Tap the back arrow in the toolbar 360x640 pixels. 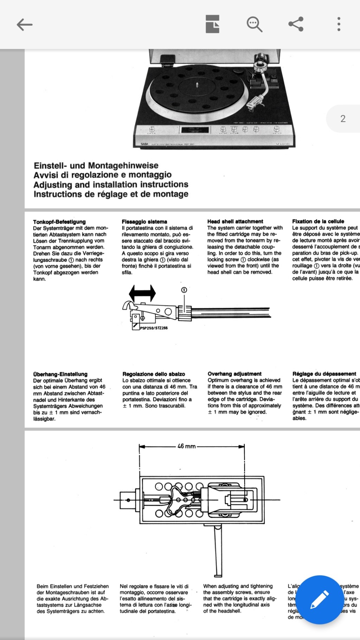[x=24, y=25]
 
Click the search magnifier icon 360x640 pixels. [x=254, y=24]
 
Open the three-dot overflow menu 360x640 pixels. [x=339, y=24]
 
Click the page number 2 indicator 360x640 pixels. [x=343, y=119]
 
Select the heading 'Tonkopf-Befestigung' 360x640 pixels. [x=59, y=222]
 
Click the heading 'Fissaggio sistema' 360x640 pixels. [x=144, y=222]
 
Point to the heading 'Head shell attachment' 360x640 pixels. [x=235, y=222]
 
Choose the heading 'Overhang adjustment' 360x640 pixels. [x=234, y=374]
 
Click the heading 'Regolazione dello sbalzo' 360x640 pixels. [x=154, y=374]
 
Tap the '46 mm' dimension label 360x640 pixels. [x=187, y=446]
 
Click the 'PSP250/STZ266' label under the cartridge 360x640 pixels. [x=154, y=328]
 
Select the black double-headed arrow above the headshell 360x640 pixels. [x=142, y=293]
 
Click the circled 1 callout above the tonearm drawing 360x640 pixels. [x=184, y=290]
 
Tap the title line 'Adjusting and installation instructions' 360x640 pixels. [x=111, y=185]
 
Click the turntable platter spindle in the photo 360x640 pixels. [x=197, y=84]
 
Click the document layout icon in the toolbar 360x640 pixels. [x=213, y=24]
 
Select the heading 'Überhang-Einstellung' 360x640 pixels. [x=60, y=374]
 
